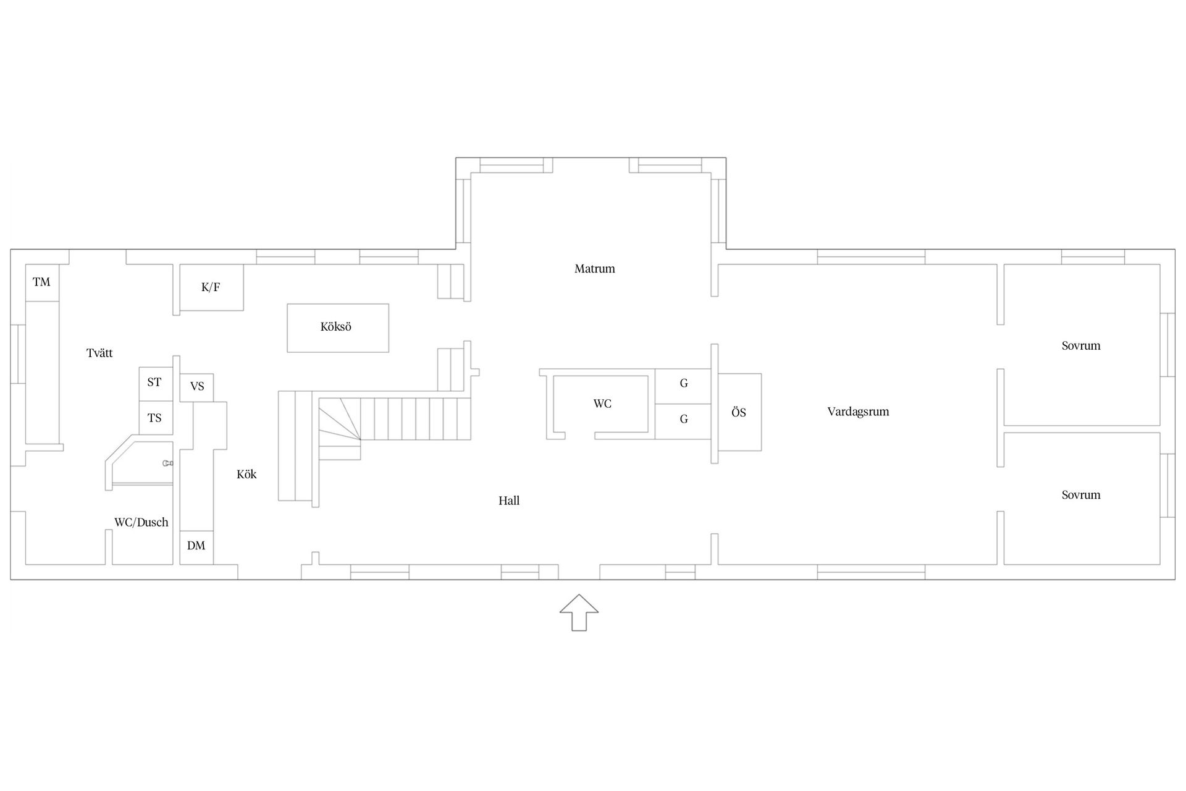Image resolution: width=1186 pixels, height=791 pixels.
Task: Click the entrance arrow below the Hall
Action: click(579, 612)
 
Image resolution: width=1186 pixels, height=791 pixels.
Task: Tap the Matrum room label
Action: click(595, 269)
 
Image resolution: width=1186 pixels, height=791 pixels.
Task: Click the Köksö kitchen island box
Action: click(338, 328)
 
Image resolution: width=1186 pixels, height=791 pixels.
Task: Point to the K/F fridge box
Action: click(211, 287)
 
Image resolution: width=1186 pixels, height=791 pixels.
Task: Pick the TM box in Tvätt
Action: click(42, 283)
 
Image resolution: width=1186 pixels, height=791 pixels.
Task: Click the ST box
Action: click(155, 384)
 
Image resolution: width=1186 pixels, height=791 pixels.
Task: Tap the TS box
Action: click(155, 418)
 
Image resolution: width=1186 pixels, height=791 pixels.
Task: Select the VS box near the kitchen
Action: click(196, 387)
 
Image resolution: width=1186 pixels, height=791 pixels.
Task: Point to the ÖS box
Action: click(739, 413)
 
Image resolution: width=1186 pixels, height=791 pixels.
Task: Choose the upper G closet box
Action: click(683, 386)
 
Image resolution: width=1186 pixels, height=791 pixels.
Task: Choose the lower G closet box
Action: click(683, 421)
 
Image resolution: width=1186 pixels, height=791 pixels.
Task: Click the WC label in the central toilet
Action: click(602, 404)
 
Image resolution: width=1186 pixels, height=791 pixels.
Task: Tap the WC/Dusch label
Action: click(141, 523)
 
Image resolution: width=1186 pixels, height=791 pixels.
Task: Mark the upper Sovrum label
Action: click(1081, 346)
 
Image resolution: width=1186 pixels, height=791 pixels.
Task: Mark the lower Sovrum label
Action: click(1081, 495)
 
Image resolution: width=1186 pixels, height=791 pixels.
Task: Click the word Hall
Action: click(509, 501)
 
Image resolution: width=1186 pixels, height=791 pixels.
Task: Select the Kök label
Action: click(246, 475)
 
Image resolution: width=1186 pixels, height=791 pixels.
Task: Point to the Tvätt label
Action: click(99, 353)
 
